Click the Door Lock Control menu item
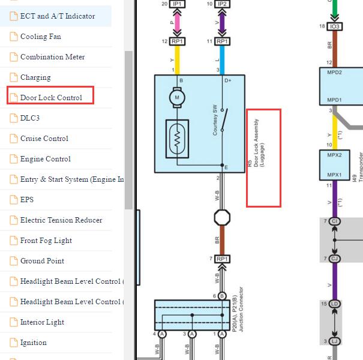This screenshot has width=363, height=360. coord(51,98)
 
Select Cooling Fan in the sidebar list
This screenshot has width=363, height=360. coord(41,37)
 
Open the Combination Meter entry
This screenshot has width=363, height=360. coord(52,57)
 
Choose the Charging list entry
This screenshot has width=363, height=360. coord(35,77)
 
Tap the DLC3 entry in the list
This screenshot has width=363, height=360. coord(30,118)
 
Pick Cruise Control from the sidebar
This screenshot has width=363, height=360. coord(44,139)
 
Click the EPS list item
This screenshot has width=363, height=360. coord(27,200)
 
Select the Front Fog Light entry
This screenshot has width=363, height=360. coord(46,241)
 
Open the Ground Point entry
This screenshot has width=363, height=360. coord(42,261)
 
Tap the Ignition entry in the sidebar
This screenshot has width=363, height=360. coord(33,343)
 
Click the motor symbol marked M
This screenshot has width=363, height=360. coord(177,97)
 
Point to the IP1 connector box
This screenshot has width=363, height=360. coord(177,4)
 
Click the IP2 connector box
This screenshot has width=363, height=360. coord(222,4)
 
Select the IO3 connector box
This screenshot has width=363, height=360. coord(335,26)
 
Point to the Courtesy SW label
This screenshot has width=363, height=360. coord(215,120)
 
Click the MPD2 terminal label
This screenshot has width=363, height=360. coord(334,73)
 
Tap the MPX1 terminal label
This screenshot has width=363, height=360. coord(334,175)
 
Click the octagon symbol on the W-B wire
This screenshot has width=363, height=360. coord(222,218)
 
